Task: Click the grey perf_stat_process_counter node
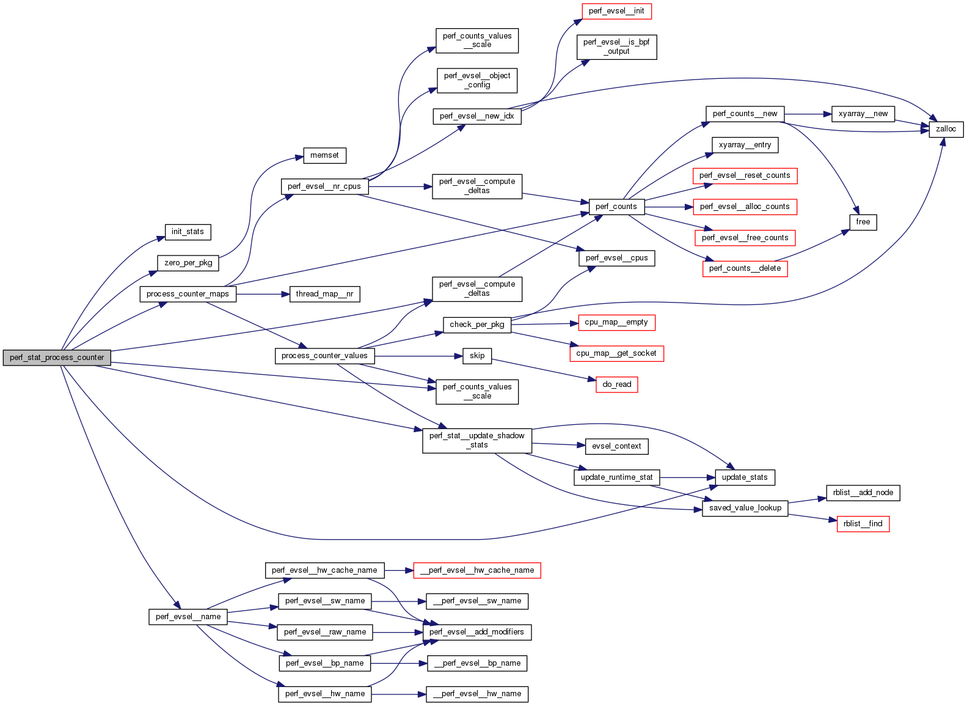coord(57,358)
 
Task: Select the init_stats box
coord(188,232)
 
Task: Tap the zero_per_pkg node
coord(188,263)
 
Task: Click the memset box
coord(324,155)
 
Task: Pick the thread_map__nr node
coord(324,294)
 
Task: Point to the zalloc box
coord(946,129)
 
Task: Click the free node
coord(863,222)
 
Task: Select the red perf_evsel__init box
coord(616,11)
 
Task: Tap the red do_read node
coord(616,384)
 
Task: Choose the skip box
coord(477,356)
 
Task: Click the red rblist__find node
coord(863,524)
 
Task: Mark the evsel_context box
coord(616,446)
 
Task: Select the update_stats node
coord(744,477)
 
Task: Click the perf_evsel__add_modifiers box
coord(476,632)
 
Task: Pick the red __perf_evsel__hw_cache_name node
coord(476,570)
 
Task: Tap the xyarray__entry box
coord(745,145)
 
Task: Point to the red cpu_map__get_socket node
coord(616,353)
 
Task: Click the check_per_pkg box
coord(476,325)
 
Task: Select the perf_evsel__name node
coord(188,617)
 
